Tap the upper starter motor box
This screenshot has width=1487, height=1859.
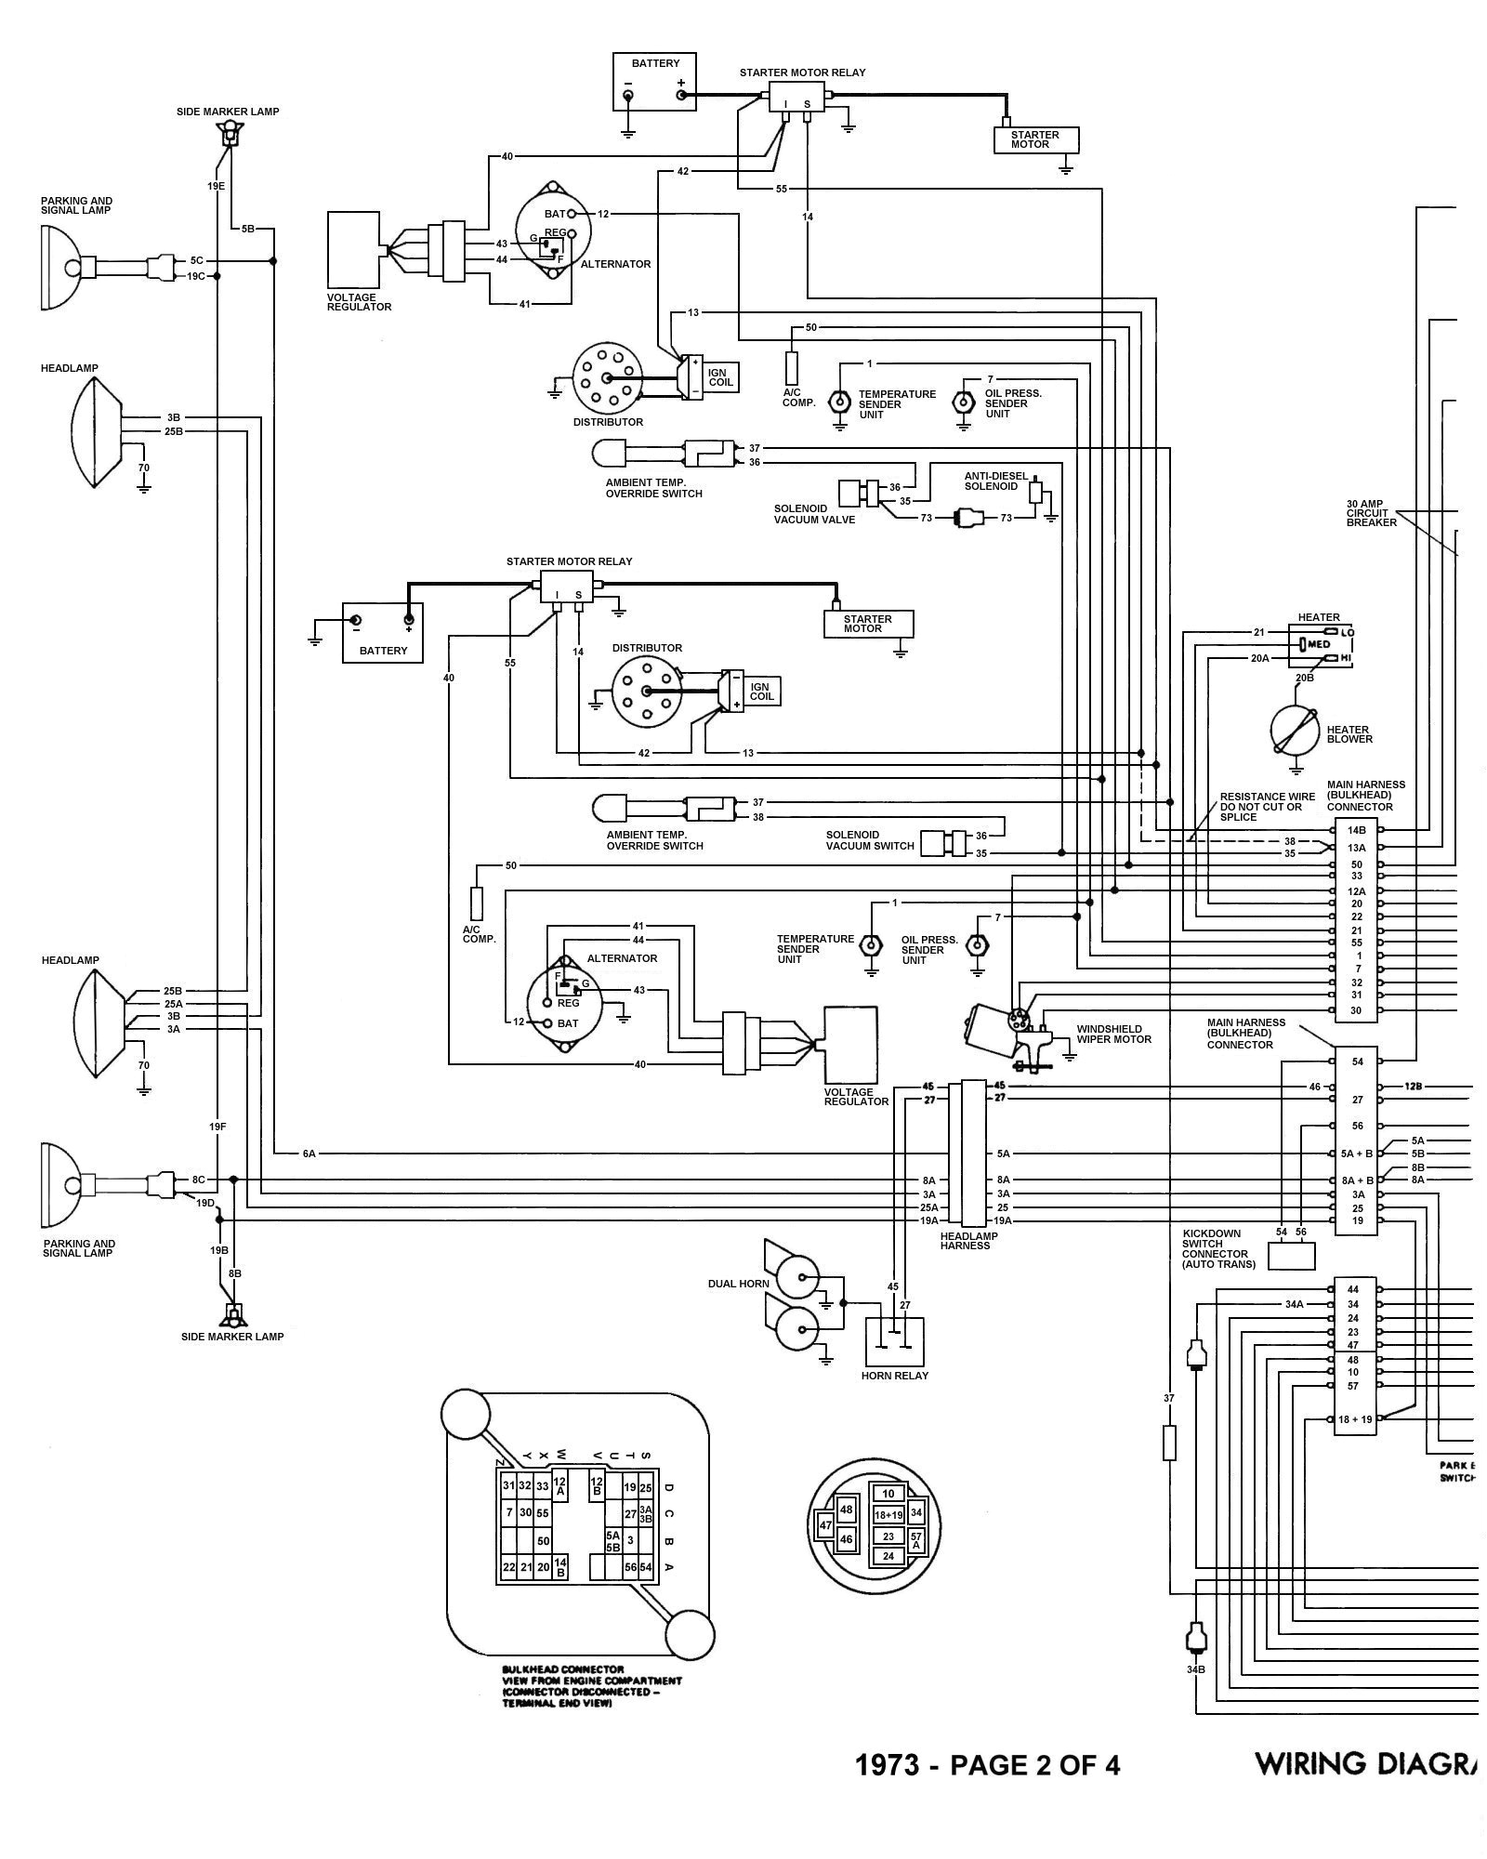click(1034, 140)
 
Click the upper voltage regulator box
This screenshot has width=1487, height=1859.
click(353, 249)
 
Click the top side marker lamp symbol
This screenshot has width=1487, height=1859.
click(228, 135)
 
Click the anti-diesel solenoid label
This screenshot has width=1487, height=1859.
click(995, 481)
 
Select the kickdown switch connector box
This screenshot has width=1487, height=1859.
click(1291, 1255)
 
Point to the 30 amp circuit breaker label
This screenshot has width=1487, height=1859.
click(1371, 513)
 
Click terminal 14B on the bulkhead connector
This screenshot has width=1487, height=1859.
click(1357, 829)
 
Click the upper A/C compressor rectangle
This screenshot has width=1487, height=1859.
click(792, 368)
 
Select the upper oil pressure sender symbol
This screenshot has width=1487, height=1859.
click(962, 402)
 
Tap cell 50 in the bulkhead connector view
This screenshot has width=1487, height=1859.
click(544, 1540)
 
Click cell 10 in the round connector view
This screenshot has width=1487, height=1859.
click(888, 1494)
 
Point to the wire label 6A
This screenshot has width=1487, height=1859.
click(309, 1154)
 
